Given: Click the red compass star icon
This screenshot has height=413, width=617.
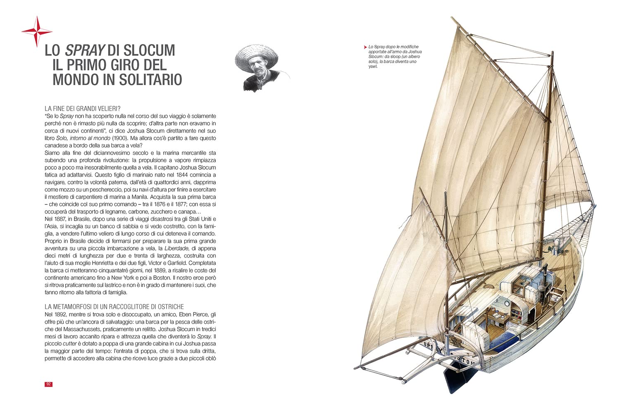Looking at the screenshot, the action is pyautogui.click(x=37, y=32).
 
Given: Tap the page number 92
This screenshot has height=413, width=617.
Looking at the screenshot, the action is pyautogui.click(x=48, y=384).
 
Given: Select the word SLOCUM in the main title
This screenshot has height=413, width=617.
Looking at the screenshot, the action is pyautogui.click(x=149, y=51).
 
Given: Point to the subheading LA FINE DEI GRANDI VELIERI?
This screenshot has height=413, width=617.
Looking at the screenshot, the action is pyautogui.click(x=83, y=109).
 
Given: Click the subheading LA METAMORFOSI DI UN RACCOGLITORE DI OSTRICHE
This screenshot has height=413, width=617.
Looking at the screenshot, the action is pyautogui.click(x=114, y=307).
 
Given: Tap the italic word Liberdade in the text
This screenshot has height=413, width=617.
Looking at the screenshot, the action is pyautogui.click(x=176, y=248).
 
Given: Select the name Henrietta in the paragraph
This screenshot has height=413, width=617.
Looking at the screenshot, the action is pyautogui.click(x=136, y=263).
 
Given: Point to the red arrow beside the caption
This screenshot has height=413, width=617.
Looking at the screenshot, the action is pyautogui.click(x=365, y=47).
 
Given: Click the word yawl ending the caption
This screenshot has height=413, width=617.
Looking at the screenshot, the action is pyautogui.click(x=373, y=66).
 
